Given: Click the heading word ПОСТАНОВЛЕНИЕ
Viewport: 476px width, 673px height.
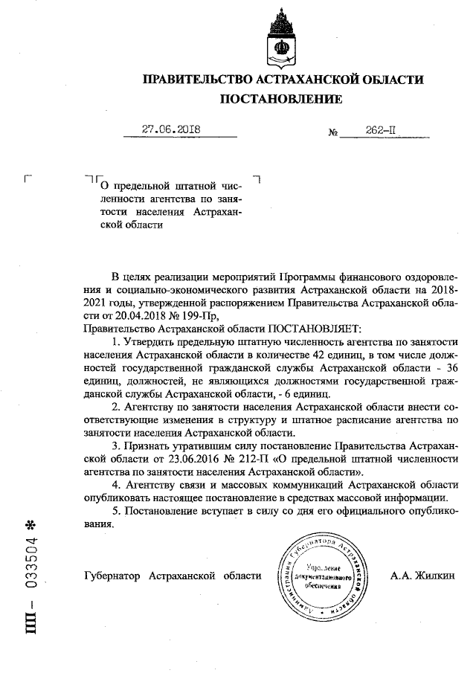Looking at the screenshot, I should tap(281, 99).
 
